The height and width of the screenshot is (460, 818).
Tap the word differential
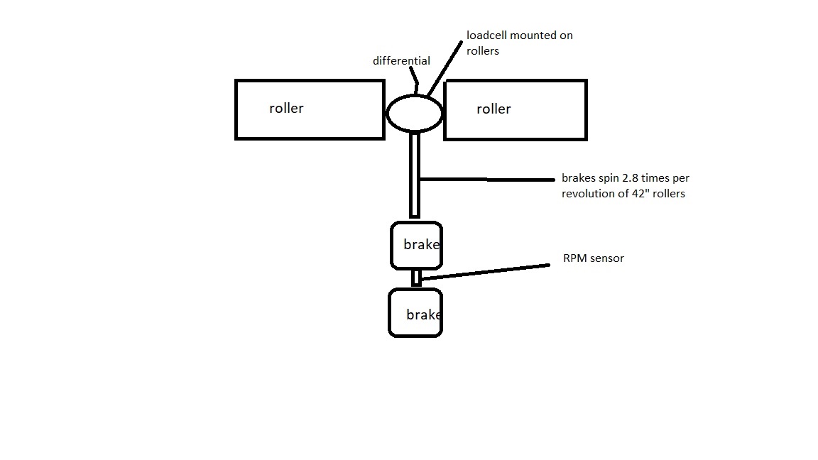pos(401,60)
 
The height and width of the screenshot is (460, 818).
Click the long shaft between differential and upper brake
pos(415,175)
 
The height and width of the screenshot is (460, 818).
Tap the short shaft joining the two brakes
pos(416,278)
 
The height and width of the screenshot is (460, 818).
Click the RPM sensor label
pos(593,258)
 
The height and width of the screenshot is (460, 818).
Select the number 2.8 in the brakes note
pos(629,178)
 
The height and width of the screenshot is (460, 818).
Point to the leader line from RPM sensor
pos(485,272)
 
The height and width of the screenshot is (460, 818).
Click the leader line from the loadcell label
pos(445,69)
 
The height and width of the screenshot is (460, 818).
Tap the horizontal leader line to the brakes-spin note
pos(486,180)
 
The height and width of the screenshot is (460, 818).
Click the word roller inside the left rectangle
pos(286,108)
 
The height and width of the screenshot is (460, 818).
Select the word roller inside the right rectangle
pos(493,109)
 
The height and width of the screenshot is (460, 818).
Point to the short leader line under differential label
pos(416,82)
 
